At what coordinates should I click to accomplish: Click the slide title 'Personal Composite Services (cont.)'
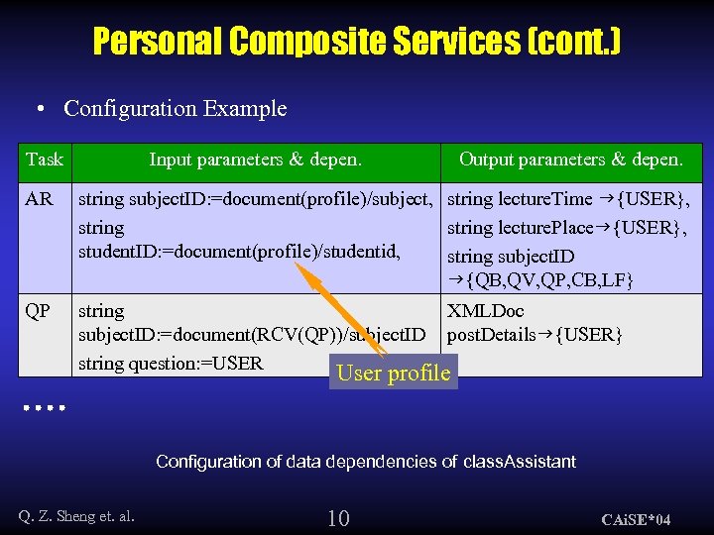(x=357, y=42)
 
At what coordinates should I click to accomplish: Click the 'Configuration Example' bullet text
(x=175, y=109)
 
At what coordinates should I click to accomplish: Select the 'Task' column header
(x=45, y=160)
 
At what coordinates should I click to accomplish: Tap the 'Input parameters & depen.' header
(x=255, y=160)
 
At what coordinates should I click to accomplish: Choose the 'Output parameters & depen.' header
(x=570, y=160)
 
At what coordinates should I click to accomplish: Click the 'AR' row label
(x=40, y=199)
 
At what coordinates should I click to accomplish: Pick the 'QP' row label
(x=38, y=311)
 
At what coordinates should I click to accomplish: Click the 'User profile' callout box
(x=394, y=374)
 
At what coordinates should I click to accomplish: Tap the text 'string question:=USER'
(x=171, y=363)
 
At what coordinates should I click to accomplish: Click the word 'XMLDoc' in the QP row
(x=486, y=311)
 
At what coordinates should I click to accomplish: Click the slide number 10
(x=338, y=517)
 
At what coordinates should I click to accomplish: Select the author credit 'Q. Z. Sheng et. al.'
(x=76, y=515)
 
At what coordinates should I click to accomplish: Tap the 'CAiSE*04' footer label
(x=637, y=519)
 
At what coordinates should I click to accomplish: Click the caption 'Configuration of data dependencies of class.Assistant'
(x=366, y=462)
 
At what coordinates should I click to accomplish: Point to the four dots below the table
(x=45, y=406)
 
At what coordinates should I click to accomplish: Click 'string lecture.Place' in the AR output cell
(x=522, y=228)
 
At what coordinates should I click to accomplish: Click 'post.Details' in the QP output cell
(x=491, y=335)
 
